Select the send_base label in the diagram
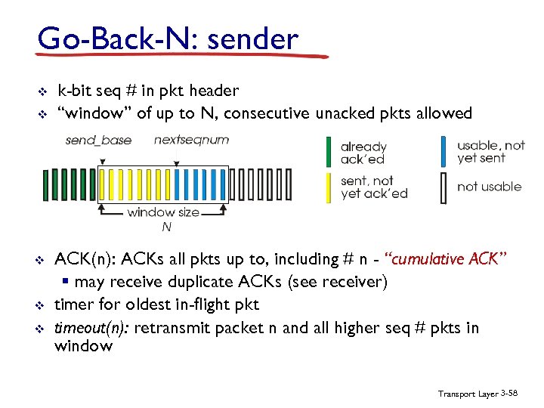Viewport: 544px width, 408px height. [x=98, y=140]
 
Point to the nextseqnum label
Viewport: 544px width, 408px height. [x=191, y=140]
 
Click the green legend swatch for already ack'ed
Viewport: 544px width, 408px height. [x=328, y=151]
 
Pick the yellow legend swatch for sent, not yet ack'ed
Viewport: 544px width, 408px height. [x=328, y=188]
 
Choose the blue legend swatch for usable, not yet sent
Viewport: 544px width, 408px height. [x=444, y=151]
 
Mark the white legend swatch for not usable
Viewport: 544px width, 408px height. [x=444, y=188]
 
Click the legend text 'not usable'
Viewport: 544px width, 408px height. [x=490, y=187]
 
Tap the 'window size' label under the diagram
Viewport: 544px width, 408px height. [x=163, y=212]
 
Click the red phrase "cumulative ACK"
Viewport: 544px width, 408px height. [x=445, y=260]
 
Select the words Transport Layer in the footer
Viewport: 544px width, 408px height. [x=466, y=394]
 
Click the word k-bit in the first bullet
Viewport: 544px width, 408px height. [x=74, y=91]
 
